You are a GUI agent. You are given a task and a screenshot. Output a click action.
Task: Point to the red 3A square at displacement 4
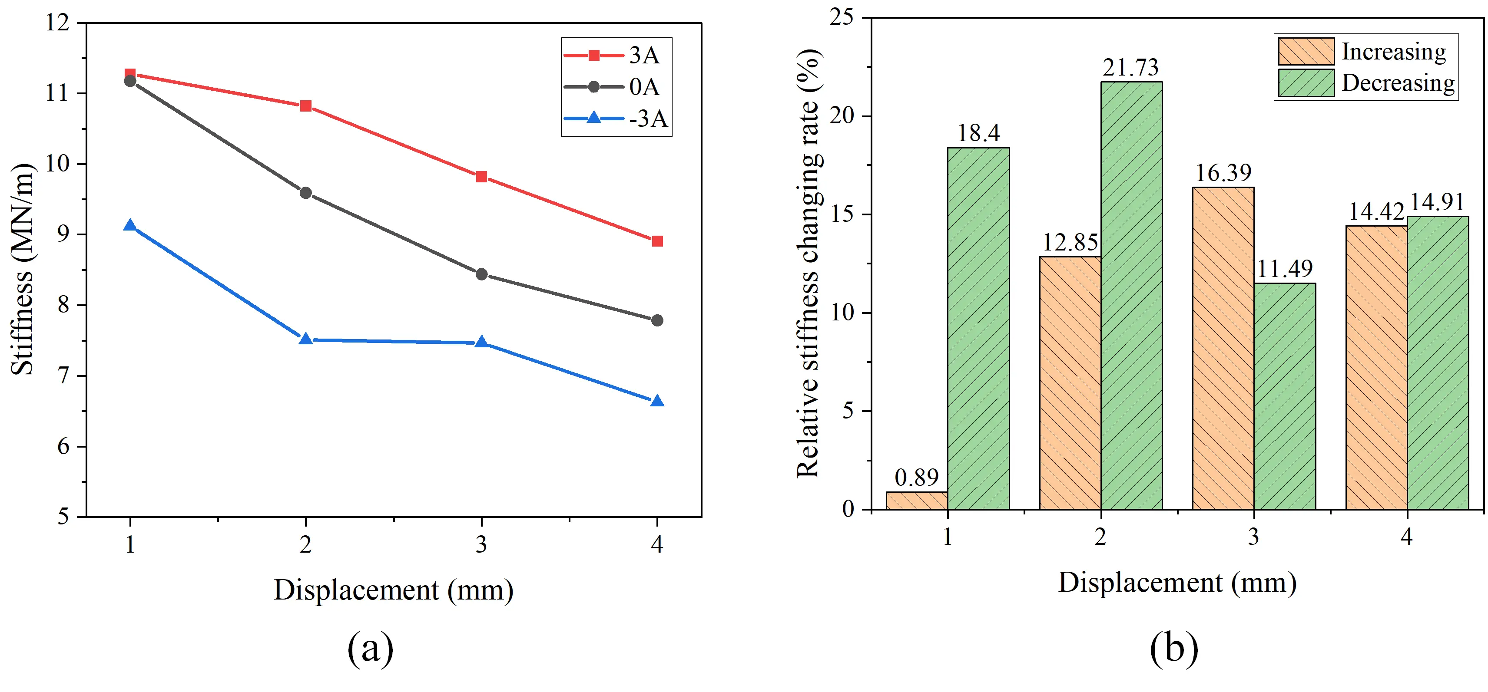click(x=657, y=241)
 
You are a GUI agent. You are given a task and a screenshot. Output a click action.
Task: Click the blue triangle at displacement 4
click(x=657, y=401)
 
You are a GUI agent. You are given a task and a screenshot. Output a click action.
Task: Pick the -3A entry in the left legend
click(x=616, y=119)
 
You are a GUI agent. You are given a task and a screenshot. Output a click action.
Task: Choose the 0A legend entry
click(x=616, y=86)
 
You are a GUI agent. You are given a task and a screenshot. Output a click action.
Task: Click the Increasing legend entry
click(x=1363, y=51)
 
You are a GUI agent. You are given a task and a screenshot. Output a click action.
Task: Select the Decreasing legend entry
click(x=1365, y=83)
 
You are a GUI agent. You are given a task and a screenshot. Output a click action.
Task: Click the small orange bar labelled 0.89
click(x=917, y=501)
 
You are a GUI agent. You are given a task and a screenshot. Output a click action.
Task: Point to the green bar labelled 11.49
click(x=1285, y=396)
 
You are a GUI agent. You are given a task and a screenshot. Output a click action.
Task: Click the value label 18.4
click(x=978, y=133)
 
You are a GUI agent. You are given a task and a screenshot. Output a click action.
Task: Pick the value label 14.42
click(x=1376, y=212)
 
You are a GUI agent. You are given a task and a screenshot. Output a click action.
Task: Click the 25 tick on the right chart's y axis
click(x=841, y=17)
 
